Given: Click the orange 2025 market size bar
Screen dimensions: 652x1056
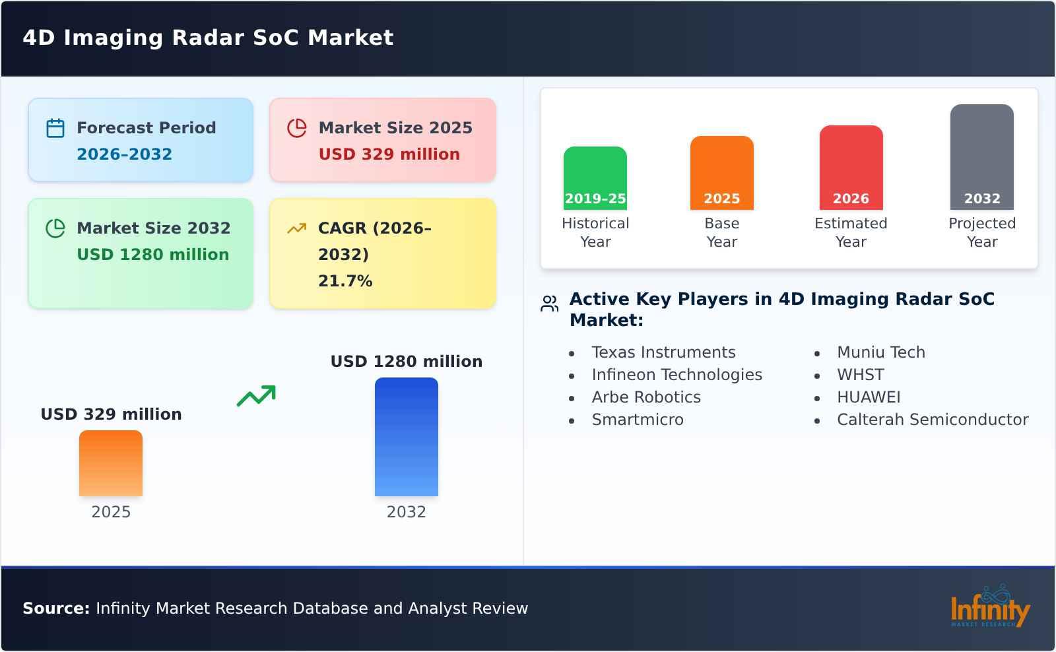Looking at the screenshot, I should click(x=111, y=463).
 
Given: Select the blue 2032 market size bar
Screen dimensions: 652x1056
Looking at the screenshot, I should click(x=406, y=437).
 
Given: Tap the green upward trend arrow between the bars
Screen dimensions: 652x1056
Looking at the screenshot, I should click(x=256, y=396).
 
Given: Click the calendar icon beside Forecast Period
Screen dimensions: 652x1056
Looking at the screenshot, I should click(x=55, y=128).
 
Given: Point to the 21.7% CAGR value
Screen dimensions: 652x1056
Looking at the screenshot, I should click(x=345, y=281).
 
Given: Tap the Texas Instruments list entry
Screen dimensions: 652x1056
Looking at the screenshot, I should click(x=663, y=352).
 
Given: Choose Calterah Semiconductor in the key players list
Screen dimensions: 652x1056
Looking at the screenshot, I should click(x=932, y=420).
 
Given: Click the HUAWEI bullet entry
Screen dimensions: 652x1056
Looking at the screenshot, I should click(x=868, y=397).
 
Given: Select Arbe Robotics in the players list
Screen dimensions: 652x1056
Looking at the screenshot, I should click(x=645, y=397).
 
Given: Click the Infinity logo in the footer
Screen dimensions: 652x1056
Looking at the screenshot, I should click(x=989, y=608).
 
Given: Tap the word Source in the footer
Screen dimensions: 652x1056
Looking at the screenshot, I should click(x=55, y=608).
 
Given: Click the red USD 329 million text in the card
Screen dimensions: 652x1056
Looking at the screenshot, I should click(x=389, y=154).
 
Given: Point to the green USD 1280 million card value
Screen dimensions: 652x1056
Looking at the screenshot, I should click(x=152, y=255).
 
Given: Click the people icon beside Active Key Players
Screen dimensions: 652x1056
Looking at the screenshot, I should click(x=549, y=304).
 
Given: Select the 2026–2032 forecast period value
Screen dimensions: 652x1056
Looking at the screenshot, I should click(x=124, y=154).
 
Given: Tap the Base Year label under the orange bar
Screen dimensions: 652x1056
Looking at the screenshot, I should click(x=721, y=232).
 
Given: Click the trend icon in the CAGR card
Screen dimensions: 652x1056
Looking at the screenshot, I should click(x=297, y=228).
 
